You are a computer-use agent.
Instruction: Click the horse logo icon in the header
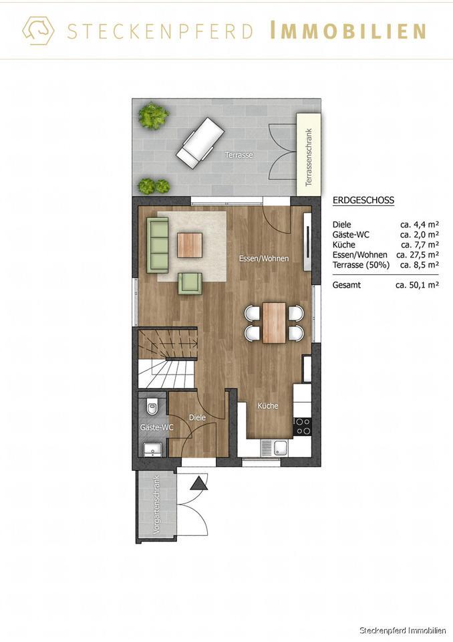[x=38, y=30]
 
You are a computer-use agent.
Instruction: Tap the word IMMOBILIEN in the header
[x=348, y=31]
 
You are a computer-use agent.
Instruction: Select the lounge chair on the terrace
[x=200, y=144]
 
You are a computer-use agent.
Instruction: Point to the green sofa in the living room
[x=158, y=244]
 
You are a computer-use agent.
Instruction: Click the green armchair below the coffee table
[x=190, y=283]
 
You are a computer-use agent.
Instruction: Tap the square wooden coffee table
[x=190, y=244]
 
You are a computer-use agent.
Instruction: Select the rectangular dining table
[x=274, y=322]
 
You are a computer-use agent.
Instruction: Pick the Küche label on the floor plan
[x=267, y=406]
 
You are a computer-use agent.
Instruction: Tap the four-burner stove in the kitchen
[x=303, y=426]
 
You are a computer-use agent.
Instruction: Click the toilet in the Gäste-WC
[x=152, y=405]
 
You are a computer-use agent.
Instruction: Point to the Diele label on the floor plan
[x=197, y=417]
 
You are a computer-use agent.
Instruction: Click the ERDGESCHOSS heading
[x=363, y=200]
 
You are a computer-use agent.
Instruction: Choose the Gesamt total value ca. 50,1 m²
[x=417, y=285]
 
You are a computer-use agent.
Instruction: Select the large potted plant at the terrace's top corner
[x=153, y=116]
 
